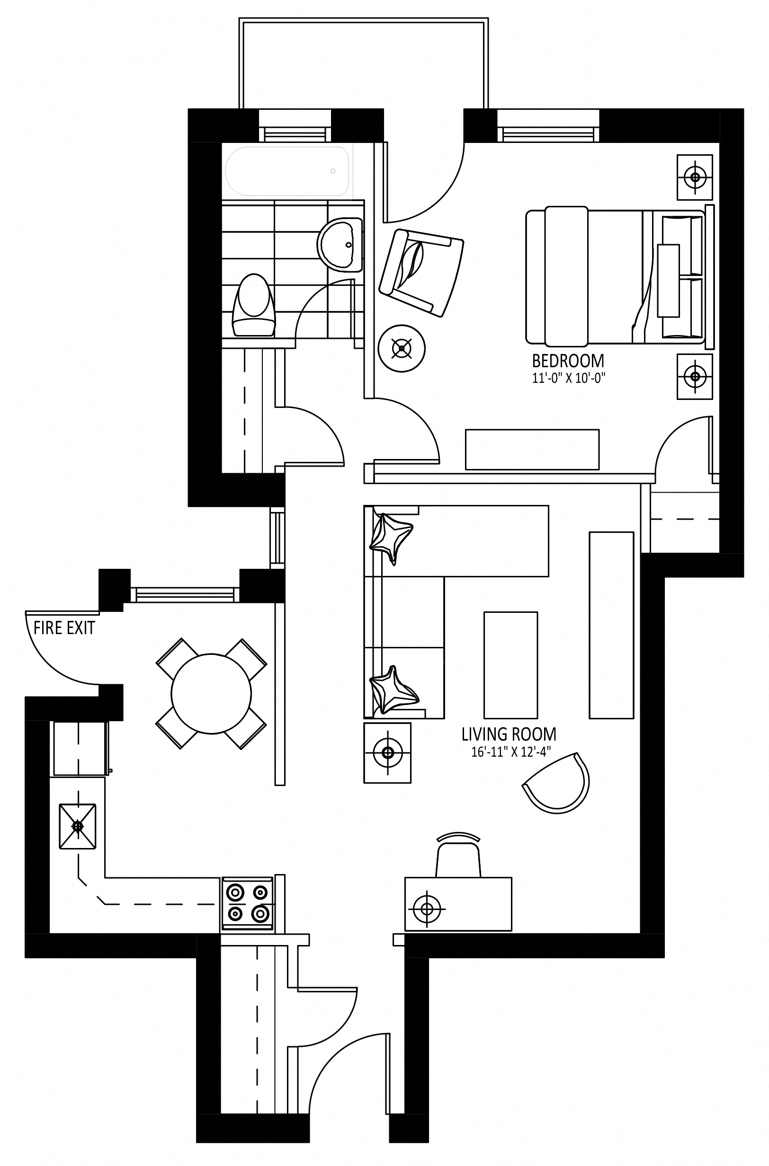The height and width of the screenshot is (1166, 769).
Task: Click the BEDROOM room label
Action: pyautogui.click(x=568, y=361)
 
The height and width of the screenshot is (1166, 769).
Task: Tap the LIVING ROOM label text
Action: pyautogui.click(x=509, y=734)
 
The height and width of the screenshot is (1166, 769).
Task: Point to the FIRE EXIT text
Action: pyautogui.click(x=64, y=628)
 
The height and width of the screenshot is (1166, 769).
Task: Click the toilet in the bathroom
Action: pyautogui.click(x=253, y=305)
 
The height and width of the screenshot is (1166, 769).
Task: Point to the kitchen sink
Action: pyautogui.click(x=78, y=826)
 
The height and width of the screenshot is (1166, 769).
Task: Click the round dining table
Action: pyautogui.click(x=211, y=694)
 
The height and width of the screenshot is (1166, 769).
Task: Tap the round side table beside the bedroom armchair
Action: pyautogui.click(x=402, y=348)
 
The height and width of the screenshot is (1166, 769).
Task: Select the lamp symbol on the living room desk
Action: pyautogui.click(x=427, y=909)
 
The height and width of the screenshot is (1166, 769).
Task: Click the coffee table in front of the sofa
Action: pyautogui.click(x=510, y=664)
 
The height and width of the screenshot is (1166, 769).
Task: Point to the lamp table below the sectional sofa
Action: pyautogui.click(x=387, y=752)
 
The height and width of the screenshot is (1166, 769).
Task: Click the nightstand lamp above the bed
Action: pyautogui.click(x=695, y=177)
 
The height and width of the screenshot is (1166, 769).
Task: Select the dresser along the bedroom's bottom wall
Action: pyautogui.click(x=532, y=450)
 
